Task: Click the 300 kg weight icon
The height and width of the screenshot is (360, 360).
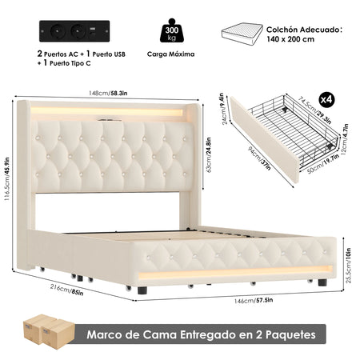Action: [x=172, y=30]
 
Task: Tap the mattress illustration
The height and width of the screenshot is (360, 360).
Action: [x=242, y=34]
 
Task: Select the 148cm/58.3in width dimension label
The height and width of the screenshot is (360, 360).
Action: [x=108, y=93]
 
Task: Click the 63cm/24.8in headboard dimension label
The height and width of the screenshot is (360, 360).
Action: [x=208, y=155]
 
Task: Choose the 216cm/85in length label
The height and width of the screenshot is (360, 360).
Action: [x=66, y=290]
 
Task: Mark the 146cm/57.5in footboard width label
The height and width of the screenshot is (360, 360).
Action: [x=254, y=301]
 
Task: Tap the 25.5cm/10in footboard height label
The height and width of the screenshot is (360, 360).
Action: [x=348, y=266]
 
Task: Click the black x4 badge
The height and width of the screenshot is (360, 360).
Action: [x=326, y=100]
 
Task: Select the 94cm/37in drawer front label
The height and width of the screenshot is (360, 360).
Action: [x=259, y=158]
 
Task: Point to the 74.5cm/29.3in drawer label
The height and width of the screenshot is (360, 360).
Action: [x=314, y=110]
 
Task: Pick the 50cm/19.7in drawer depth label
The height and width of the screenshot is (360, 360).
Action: [x=323, y=164]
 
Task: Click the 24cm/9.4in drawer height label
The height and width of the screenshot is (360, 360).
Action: [x=223, y=109]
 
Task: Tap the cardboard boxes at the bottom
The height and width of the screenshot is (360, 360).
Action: [x=49, y=331]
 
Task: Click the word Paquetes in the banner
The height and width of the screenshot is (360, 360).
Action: [x=290, y=334]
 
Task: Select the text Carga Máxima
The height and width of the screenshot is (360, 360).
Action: [x=170, y=54]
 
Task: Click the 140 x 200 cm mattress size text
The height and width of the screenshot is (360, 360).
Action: [x=290, y=39]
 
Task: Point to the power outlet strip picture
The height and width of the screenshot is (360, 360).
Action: [x=74, y=31]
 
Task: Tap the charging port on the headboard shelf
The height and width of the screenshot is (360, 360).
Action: [x=110, y=120]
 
